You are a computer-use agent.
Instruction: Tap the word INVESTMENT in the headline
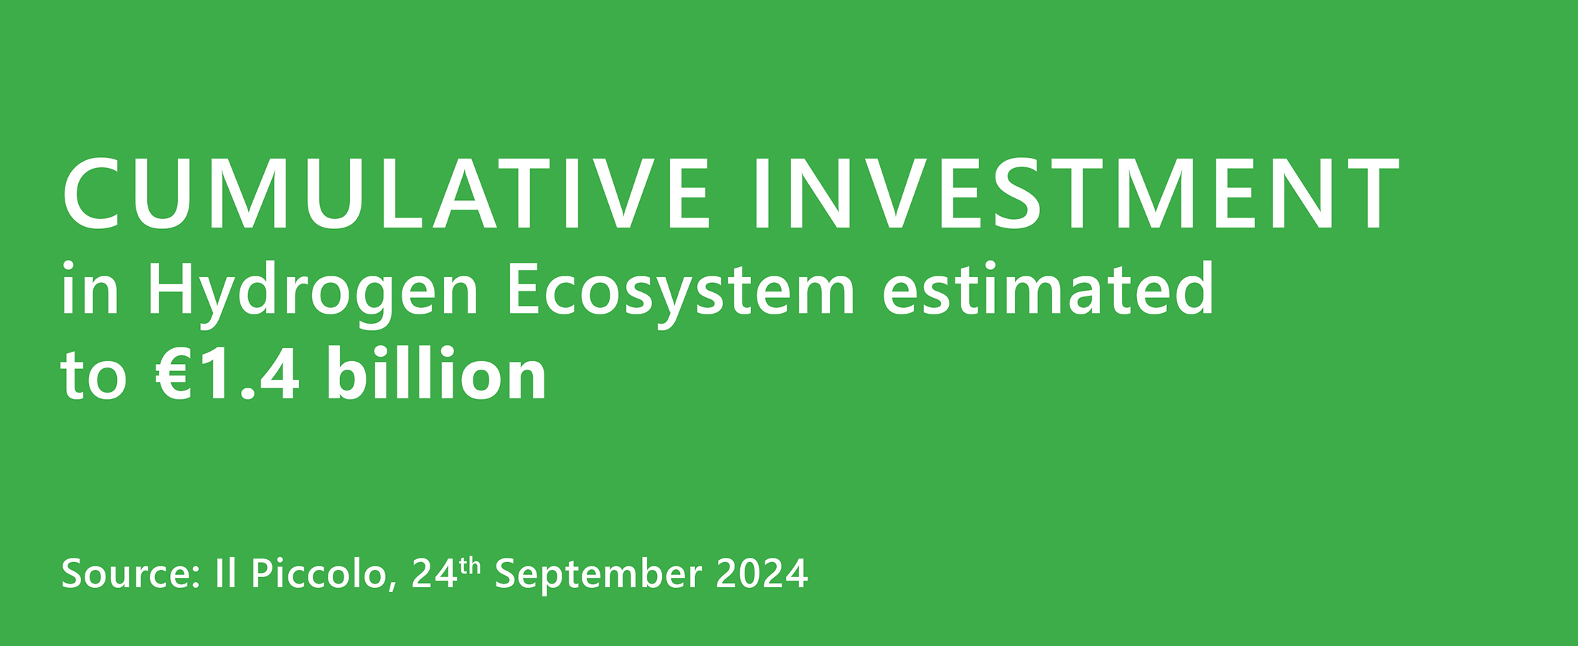point(1077,194)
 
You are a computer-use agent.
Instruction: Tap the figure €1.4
point(227,375)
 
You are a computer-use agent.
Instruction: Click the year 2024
point(762,574)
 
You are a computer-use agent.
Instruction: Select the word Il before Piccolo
point(225,574)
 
